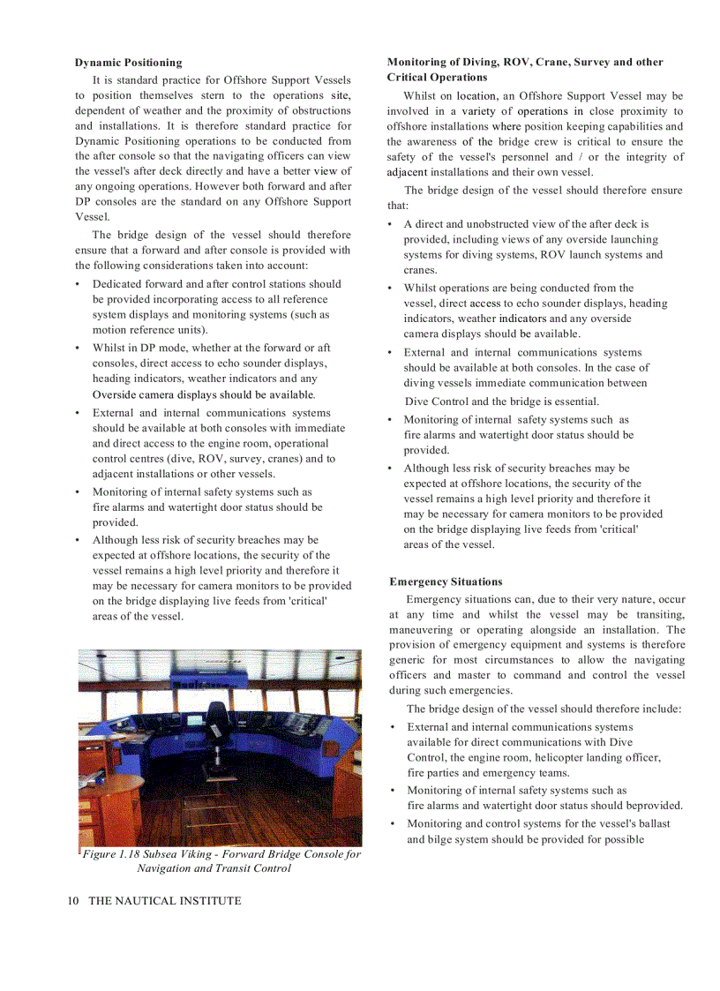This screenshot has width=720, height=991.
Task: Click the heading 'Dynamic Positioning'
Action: (128, 63)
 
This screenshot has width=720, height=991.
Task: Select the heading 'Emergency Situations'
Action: (446, 582)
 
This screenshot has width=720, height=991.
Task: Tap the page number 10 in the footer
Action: (73, 901)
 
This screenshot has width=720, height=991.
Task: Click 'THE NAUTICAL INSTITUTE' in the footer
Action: (164, 901)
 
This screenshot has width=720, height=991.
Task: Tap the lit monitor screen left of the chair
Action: (195, 718)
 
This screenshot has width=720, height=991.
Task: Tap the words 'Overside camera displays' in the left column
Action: (155, 394)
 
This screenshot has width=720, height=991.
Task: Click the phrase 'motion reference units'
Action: (149, 330)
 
